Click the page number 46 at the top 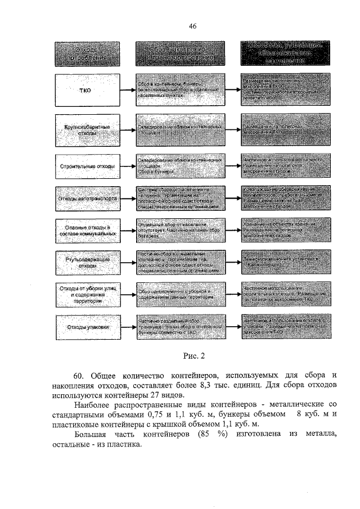coord(192,26)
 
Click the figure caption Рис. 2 coord(195,355)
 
